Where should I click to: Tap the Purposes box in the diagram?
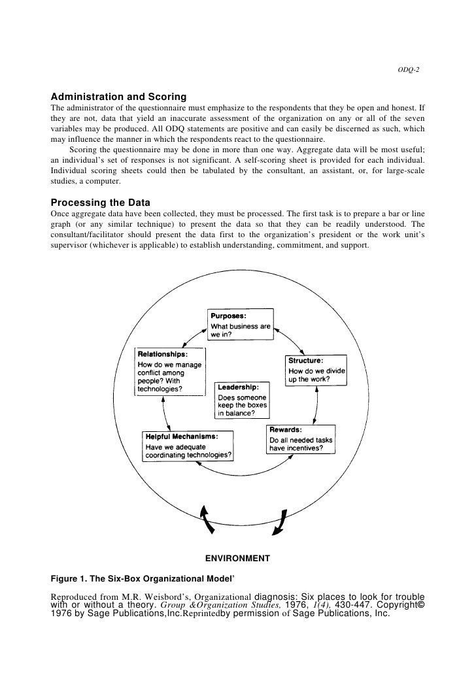point(240,324)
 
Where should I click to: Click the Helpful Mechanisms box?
point(188,446)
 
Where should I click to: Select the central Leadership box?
point(241,399)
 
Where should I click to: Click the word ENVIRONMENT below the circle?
point(238,559)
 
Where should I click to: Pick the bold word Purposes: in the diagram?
point(228,315)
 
